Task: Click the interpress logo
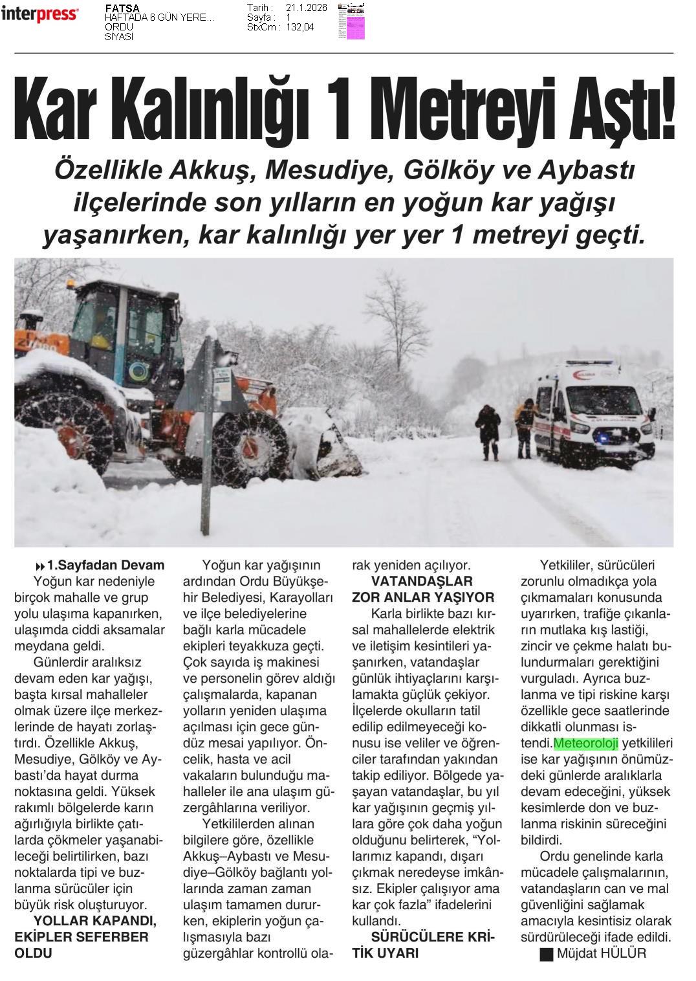[x=39, y=14]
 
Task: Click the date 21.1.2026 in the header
[x=306, y=8]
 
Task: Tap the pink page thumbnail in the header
[x=351, y=22]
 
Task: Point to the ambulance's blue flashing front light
[x=603, y=437]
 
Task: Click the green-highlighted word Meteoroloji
[x=586, y=743]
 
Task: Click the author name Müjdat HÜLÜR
[x=601, y=953]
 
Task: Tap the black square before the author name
[x=547, y=954]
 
